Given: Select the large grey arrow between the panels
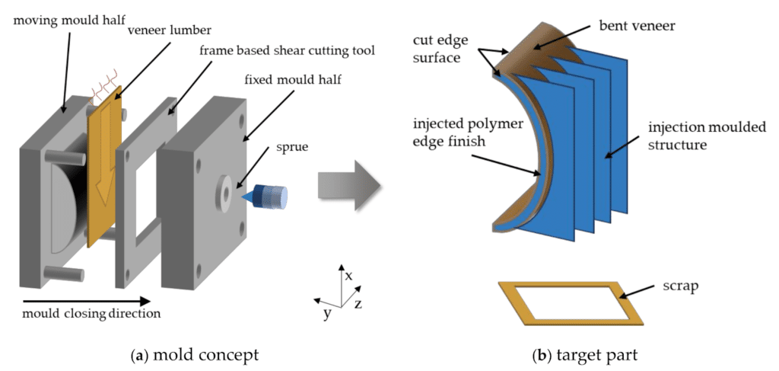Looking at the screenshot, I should pos(349,189).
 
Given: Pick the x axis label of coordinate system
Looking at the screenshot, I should pos(348,276).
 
